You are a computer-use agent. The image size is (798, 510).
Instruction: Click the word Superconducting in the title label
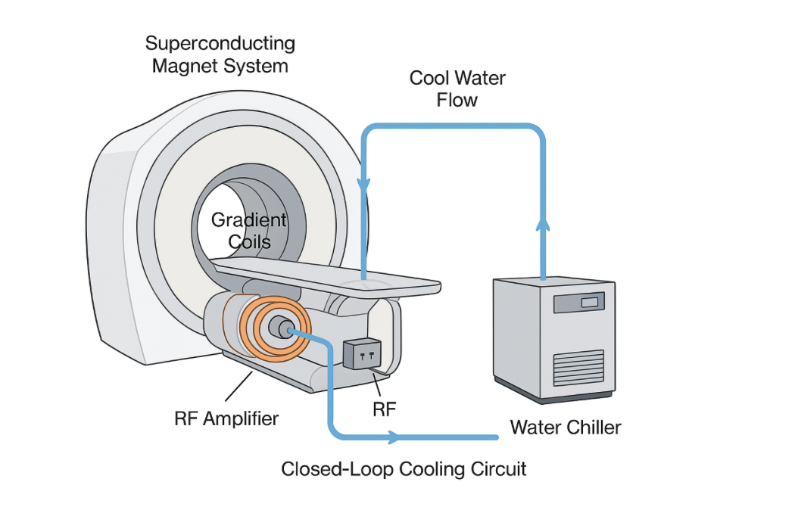[220, 43]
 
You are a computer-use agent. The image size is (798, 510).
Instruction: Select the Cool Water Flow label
[457, 89]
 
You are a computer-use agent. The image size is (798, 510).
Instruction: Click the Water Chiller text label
[565, 428]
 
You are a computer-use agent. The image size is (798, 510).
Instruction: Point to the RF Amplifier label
[226, 418]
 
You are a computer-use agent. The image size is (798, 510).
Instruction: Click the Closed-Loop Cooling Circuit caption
[404, 469]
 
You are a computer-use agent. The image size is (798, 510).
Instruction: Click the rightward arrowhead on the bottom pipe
[393, 437]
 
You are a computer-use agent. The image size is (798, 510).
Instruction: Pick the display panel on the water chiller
[579, 303]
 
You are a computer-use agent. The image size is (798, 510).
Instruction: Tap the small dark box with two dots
[365, 353]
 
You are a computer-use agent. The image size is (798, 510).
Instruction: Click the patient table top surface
[326, 273]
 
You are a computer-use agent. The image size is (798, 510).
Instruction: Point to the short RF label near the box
[385, 409]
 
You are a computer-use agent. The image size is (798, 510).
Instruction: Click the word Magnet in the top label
[182, 66]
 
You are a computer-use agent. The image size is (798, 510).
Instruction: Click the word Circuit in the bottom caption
[499, 469]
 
